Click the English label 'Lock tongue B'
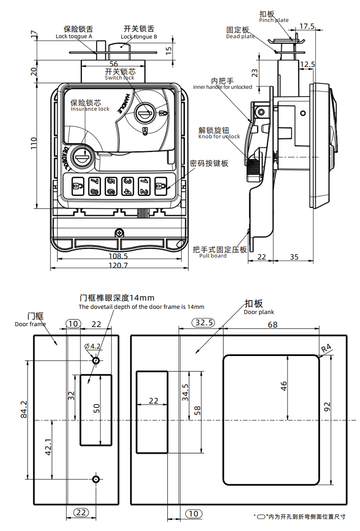139,36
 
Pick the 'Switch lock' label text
119,78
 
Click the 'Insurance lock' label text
90,108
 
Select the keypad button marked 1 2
144,186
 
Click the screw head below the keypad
119,232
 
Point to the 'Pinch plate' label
274,21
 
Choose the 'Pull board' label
212,256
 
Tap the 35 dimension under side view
294,258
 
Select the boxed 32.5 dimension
204,323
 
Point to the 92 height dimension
339,406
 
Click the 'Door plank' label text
259,312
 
